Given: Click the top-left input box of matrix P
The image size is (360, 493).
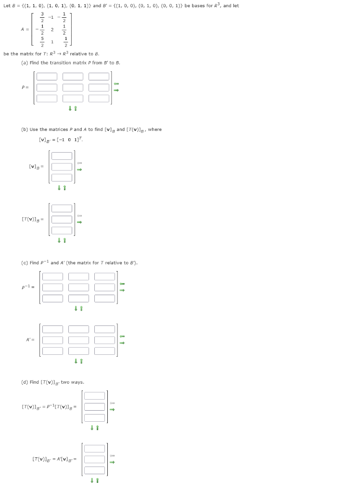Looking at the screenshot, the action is [x=46, y=76].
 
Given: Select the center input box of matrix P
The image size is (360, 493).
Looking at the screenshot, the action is [x=72, y=87].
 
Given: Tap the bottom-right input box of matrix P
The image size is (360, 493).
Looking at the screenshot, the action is [x=99, y=98].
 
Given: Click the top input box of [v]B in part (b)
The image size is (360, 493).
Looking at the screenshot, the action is [x=62, y=156].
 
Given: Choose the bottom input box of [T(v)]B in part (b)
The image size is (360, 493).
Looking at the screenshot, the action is [x=62, y=231].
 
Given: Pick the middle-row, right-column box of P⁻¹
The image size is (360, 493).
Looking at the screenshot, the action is [x=104, y=287].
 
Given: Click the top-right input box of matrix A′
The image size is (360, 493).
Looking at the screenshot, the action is [x=104, y=329].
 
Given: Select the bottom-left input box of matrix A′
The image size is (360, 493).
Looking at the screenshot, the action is [x=52, y=351].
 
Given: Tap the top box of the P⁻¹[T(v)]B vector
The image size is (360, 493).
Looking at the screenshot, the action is [x=94, y=396].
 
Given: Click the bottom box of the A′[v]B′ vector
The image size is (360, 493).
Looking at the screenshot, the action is [x=94, y=470].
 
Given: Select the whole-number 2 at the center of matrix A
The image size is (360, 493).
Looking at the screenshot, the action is [x=52, y=29].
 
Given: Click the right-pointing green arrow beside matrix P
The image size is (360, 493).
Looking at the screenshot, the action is [x=116, y=90].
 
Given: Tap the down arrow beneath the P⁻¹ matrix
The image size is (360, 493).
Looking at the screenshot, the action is [x=76, y=309].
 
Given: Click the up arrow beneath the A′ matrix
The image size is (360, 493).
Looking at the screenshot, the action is [x=81, y=361].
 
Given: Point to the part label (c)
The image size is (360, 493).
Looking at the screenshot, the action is [x=24, y=263].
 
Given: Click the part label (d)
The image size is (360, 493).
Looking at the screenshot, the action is [x=24, y=382].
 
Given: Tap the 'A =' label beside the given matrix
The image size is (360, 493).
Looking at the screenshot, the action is [x=24, y=29].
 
